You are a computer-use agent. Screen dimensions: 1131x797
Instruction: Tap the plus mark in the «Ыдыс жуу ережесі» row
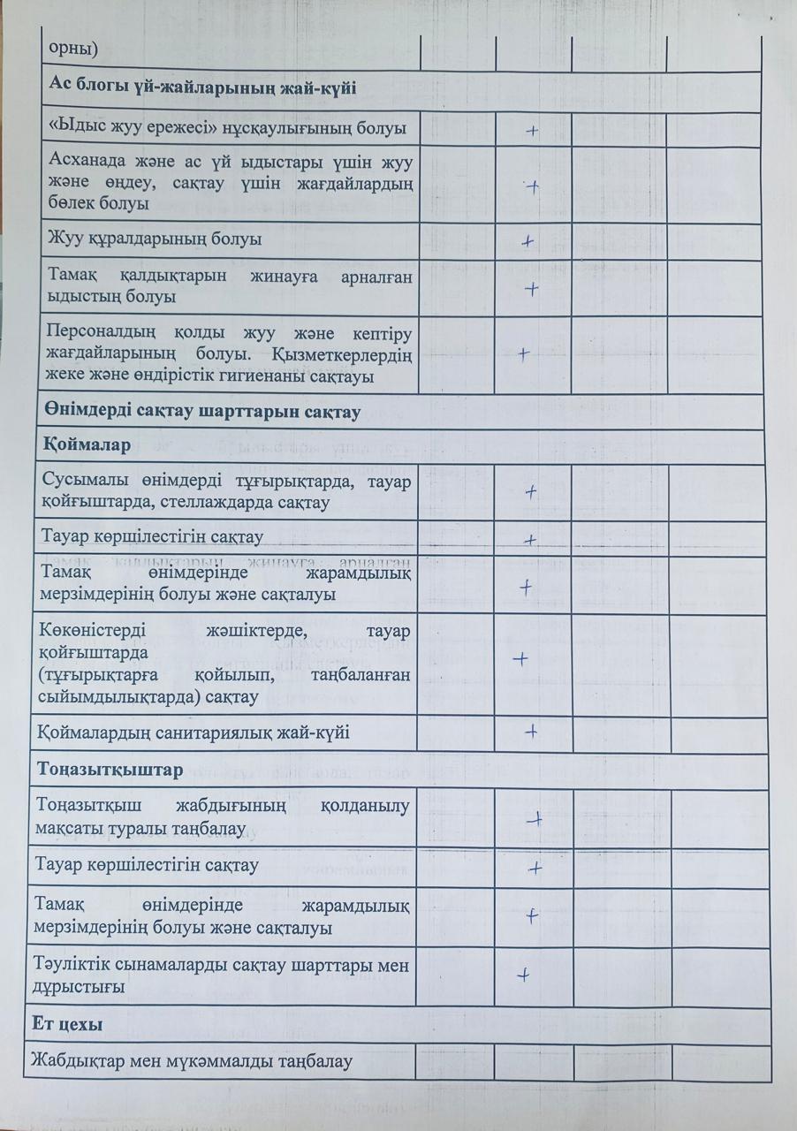click(x=532, y=131)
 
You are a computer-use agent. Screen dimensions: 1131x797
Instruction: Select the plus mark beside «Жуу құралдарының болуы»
click(x=528, y=240)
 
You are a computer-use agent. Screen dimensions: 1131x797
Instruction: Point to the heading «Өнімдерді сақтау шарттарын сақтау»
click(x=200, y=412)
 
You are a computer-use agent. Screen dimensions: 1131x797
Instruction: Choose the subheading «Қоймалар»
click(x=85, y=445)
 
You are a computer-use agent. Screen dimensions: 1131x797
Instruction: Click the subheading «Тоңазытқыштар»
click(x=110, y=769)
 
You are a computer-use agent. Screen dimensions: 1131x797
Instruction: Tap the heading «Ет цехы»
click(x=70, y=1024)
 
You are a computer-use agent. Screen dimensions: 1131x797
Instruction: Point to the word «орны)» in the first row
click(x=69, y=49)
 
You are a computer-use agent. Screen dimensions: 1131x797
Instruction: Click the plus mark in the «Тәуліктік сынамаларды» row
click(x=524, y=975)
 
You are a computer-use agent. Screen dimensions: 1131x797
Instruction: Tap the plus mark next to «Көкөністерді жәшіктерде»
click(x=520, y=658)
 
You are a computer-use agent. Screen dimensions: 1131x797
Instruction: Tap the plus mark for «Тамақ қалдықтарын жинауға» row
click(x=532, y=288)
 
